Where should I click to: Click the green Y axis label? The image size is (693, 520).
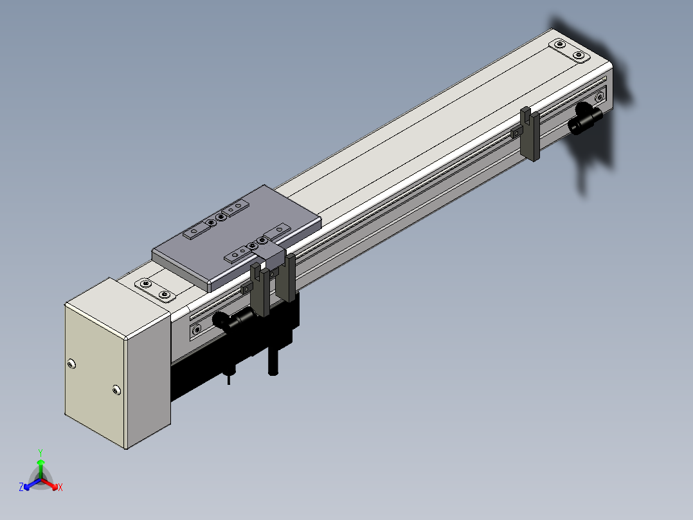pos(40,452)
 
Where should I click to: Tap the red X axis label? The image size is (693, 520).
pos(60,487)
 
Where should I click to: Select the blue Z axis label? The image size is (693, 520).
pos(21,487)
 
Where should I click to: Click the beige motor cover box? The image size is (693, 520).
pos(118,363)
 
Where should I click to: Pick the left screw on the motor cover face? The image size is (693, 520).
pos(71,364)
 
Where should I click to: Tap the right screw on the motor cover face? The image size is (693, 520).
pos(116,390)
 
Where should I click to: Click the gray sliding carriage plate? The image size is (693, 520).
pos(237,237)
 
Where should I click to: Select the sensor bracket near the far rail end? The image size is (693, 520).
pos(530,134)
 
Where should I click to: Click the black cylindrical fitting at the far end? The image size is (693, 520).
pos(586,118)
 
